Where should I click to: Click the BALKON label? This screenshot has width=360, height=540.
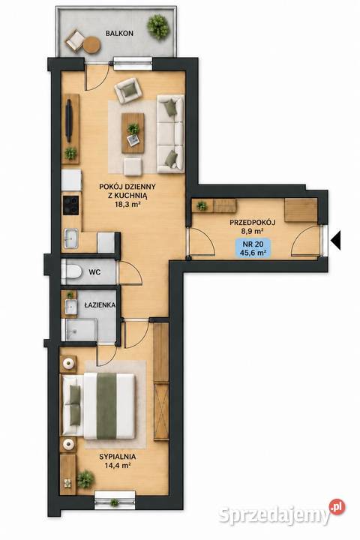coord(119,34)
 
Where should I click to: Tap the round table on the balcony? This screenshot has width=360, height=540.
coord(92,45)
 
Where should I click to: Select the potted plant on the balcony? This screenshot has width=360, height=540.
coord(158,26)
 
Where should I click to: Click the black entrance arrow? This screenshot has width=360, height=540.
coord(336,241)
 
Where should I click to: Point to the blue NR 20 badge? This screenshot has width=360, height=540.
coord(253,249)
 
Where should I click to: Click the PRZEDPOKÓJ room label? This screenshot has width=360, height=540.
coord(253,223)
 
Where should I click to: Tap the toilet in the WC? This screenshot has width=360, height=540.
coord(71,271)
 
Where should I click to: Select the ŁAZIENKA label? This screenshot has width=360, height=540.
coord(100,304)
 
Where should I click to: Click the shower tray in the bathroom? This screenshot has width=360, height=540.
coord(79,330)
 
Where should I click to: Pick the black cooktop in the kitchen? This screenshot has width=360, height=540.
coord(71,205)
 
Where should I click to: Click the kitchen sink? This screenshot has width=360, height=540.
coord(71,238)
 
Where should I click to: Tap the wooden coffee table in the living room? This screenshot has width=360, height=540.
coord(133,133)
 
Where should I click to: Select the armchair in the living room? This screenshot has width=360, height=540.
coord(128,91)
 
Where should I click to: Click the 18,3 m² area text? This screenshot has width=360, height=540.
coord(127,203)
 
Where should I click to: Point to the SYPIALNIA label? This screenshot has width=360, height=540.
coord(117,457)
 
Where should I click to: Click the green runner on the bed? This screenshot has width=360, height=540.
coord(106,406)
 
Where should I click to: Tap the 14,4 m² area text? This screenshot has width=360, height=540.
coord(117,465)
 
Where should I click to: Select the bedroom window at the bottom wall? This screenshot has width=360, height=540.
coord(115,500)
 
